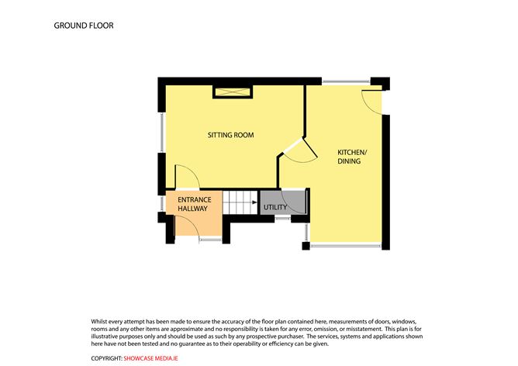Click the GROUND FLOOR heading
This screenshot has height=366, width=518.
pyautogui.click(x=84, y=26)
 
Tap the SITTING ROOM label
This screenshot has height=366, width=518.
pyautogui.click(x=230, y=135)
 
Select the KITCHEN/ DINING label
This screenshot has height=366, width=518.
pyautogui.click(x=352, y=157)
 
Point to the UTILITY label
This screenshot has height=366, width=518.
pyautogui.click(x=275, y=208)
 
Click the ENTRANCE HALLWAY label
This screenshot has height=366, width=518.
pyautogui.click(x=194, y=204)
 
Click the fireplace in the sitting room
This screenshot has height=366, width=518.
pyautogui.click(x=233, y=91)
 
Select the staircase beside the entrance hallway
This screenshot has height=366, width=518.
pyautogui.click(x=240, y=202)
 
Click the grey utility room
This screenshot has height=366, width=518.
pyautogui.click(x=283, y=202)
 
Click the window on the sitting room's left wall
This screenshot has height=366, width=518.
pyautogui.click(x=161, y=133)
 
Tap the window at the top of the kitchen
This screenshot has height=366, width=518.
pyautogui.click(x=346, y=81)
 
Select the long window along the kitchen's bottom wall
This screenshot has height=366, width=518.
pyautogui.click(x=346, y=246)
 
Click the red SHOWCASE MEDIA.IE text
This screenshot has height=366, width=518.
pyautogui.click(x=150, y=358)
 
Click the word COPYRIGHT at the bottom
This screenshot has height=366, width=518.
pyautogui.click(x=107, y=358)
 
